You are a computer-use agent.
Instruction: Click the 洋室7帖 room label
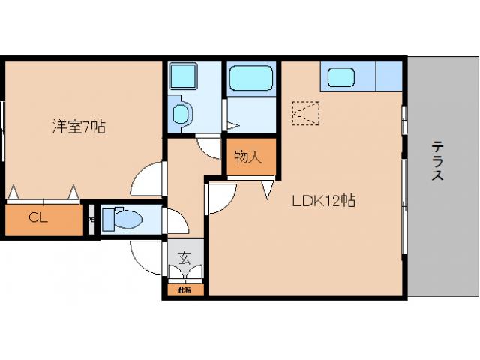pyautogui.click(x=78, y=127)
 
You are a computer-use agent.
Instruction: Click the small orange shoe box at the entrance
pyautogui.click(x=184, y=289)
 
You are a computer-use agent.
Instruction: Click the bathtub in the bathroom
pyautogui.click(x=251, y=78)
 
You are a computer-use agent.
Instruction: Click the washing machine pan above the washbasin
pyautogui.click(x=182, y=76)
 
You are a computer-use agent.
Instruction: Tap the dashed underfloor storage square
pyautogui.click(x=305, y=115)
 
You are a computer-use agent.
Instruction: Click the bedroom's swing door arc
pyautogui.click(x=146, y=180)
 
